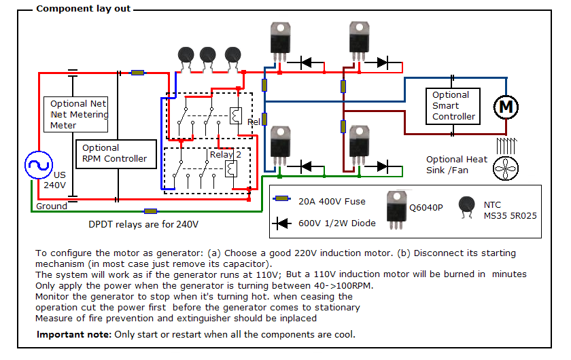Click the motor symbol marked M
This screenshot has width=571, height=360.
[505, 107]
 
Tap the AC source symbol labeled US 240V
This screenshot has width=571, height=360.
[38, 165]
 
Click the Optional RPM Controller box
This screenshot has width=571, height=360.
[118, 154]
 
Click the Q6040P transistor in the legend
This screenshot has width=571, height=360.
[397, 207]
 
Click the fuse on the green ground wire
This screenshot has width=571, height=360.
[151, 211]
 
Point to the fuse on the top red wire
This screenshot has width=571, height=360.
[137, 72]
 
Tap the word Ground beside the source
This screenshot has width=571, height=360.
[52, 206]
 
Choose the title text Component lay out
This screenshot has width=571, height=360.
[83, 9]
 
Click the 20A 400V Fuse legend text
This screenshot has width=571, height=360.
[332, 201]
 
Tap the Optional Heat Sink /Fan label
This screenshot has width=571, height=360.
[457, 164]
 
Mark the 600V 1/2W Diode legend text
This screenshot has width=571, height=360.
[337, 223]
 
